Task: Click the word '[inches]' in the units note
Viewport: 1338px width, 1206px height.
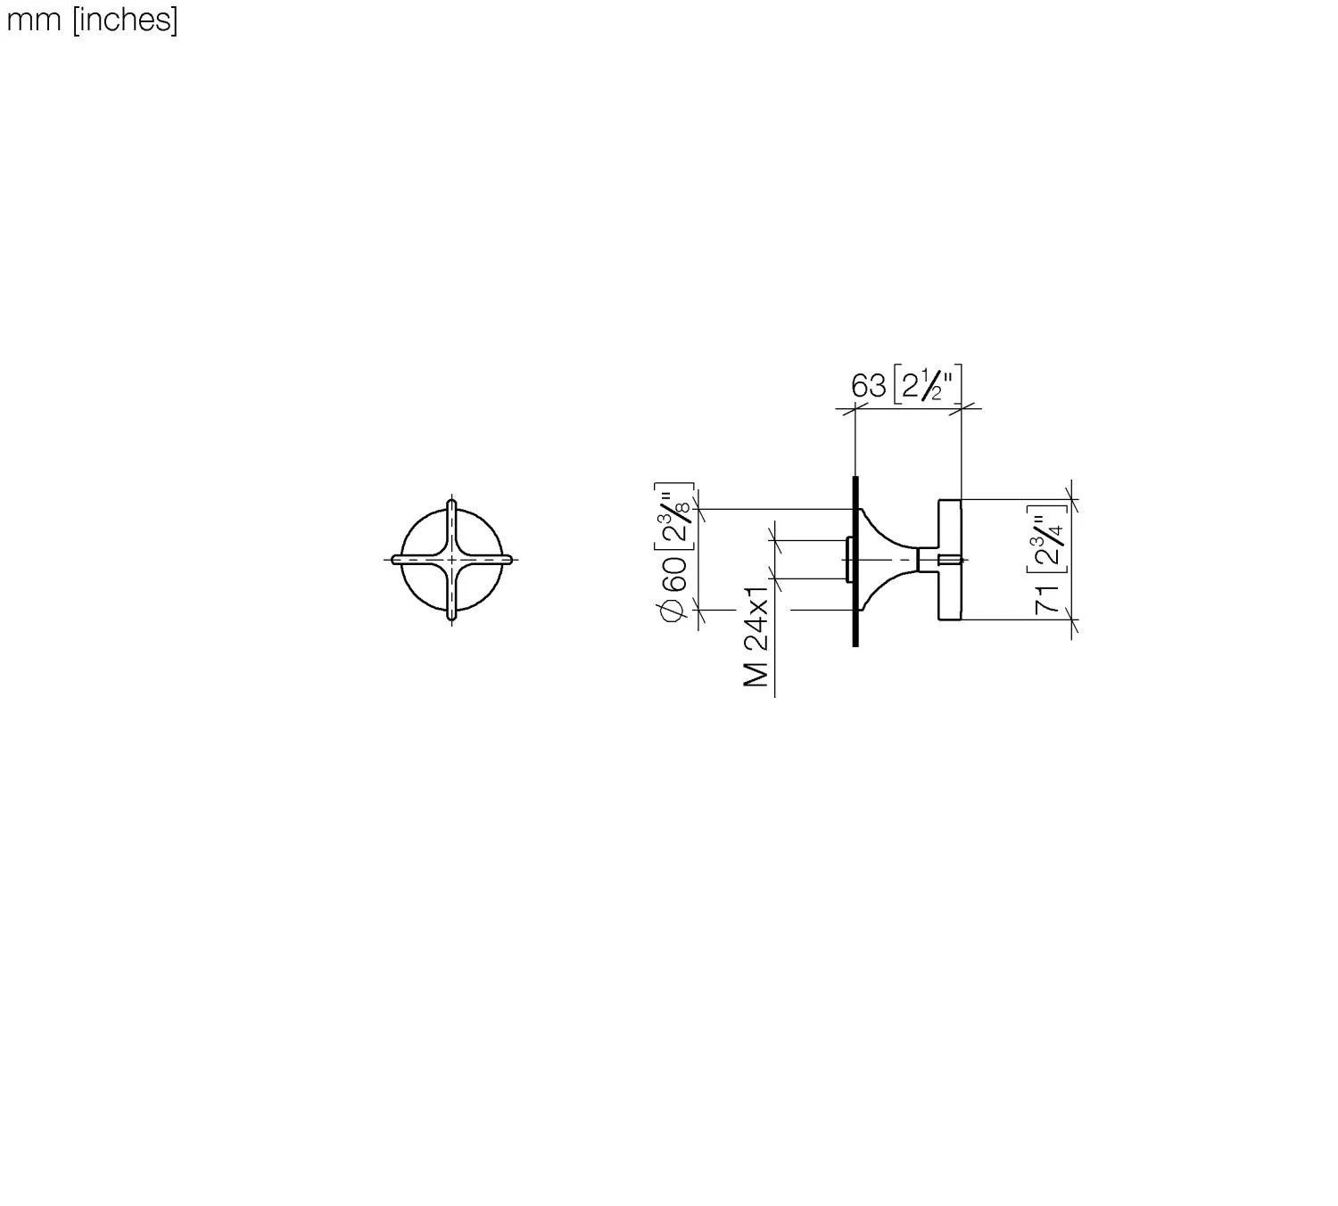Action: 125,21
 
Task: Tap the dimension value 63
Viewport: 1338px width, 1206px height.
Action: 869,386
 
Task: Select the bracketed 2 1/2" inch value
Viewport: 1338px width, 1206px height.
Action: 927,383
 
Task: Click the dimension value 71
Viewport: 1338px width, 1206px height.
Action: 1048,599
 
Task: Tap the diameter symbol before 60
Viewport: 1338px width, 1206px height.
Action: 673,611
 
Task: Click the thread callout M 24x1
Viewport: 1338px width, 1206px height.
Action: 756,637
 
